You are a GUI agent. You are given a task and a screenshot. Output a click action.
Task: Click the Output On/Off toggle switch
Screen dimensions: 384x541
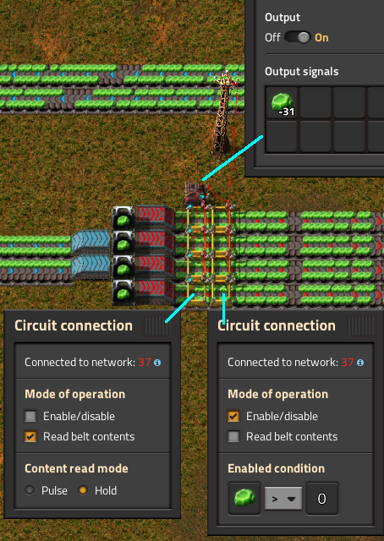tap(298, 37)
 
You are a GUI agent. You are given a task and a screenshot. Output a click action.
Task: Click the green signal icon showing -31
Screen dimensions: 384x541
tap(282, 103)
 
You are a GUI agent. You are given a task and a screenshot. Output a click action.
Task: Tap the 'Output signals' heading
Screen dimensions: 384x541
tap(301, 71)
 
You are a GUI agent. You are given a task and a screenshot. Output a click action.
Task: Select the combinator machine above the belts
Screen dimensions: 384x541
tap(196, 194)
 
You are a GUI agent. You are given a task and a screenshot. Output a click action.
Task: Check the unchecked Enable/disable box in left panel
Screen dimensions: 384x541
tap(30, 416)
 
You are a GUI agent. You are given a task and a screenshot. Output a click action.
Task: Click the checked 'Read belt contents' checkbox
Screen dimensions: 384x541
tap(30, 436)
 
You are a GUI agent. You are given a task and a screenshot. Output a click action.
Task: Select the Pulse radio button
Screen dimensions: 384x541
tap(30, 490)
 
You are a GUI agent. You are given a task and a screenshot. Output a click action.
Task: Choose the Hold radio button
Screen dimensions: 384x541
tap(83, 490)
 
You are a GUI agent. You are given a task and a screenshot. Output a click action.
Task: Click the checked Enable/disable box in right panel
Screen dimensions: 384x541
tap(233, 416)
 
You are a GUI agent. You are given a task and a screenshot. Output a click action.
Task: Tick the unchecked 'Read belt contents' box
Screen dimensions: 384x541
tap(233, 436)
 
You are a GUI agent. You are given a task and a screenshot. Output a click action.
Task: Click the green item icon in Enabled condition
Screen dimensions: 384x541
tap(244, 498)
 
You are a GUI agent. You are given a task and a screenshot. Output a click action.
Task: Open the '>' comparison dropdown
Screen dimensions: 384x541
tap(283, 498)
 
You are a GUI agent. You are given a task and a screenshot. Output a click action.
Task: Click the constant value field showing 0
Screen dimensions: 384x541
tap(322, 498)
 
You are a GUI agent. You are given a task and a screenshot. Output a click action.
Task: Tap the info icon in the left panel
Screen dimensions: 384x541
tap(157, 363)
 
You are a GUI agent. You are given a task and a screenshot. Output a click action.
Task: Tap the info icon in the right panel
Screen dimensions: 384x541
tap(360, 363)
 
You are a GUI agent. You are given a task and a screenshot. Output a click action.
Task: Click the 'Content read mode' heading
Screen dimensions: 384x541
tap(76, 468)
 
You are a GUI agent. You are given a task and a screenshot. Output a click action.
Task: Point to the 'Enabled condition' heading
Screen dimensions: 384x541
tap(276, 468)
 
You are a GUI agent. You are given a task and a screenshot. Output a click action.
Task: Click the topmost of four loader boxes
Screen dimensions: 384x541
tap(123, 218)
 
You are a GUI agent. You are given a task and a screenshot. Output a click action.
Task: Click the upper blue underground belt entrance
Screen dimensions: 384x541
tap(91, 242)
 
